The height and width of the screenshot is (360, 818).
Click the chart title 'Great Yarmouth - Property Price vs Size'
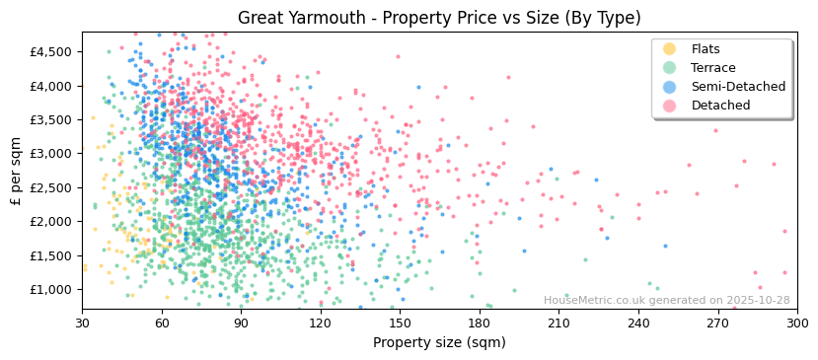point(439,18)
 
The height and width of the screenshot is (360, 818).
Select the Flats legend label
point(706,49)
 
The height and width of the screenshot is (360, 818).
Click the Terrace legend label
point(712,68)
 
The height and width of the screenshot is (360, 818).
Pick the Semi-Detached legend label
point(738,87)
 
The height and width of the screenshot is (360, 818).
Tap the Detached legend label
point(720,106)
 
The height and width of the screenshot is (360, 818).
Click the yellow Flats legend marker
point(670,49)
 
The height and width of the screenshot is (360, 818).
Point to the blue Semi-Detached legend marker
point(670,87)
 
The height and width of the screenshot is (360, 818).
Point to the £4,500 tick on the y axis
point(51,51)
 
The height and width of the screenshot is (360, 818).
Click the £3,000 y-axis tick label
point(51,154)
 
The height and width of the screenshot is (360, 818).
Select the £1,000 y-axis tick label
point(51,289)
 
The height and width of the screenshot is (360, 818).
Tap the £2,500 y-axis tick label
point(51,187)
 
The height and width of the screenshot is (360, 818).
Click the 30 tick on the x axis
point(83,323)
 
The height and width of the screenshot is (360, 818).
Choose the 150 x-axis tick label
point(401,323)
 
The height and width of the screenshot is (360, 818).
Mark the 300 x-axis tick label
point(797,323)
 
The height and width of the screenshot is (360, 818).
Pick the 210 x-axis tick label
point(559,323)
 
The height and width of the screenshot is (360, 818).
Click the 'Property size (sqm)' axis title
point(439,342)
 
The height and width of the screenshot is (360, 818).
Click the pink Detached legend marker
point(670,106)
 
